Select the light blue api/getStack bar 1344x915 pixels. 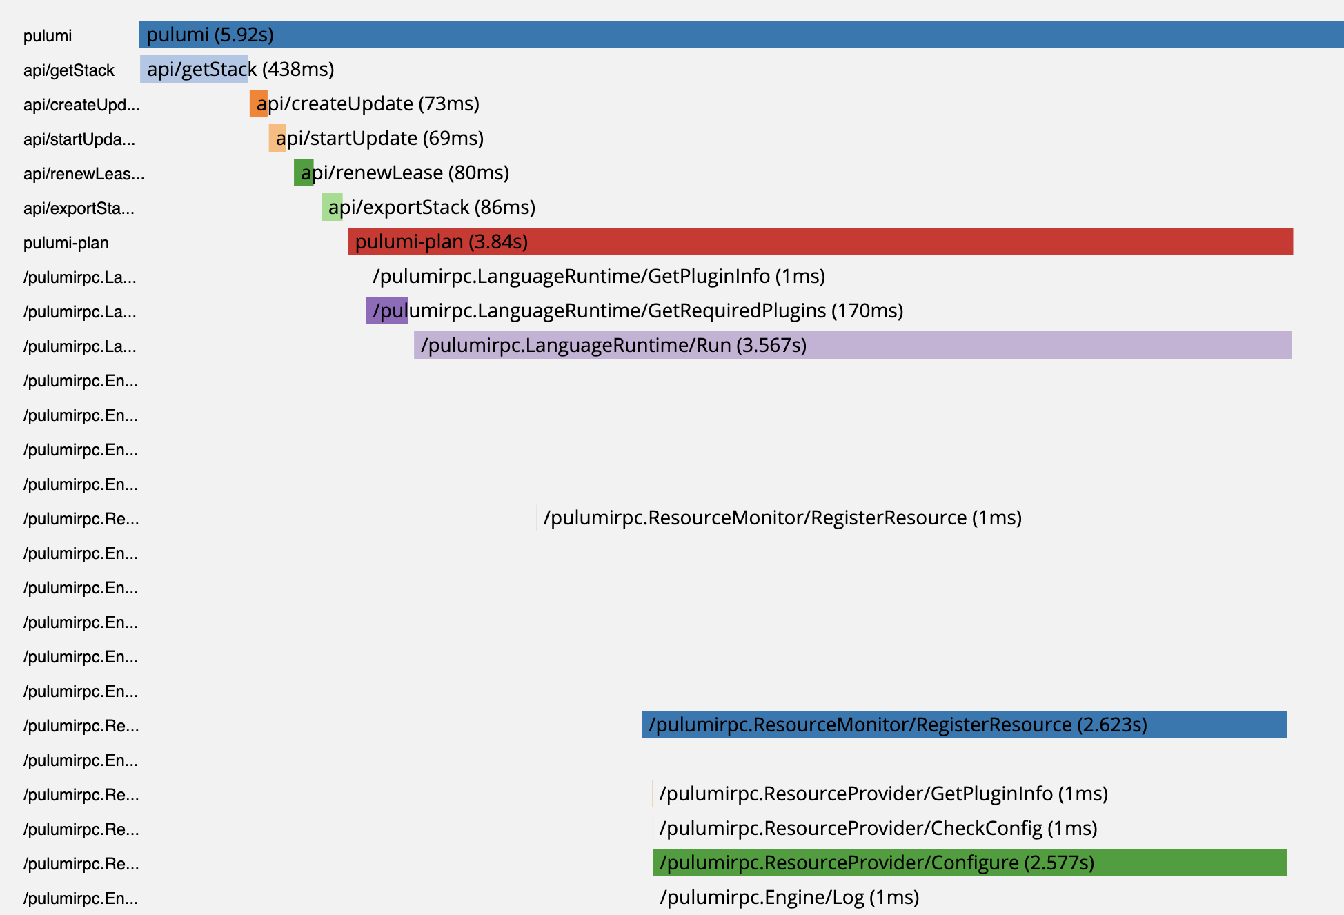194,69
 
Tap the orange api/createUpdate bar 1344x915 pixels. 258,104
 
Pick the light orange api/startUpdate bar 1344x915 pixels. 277,138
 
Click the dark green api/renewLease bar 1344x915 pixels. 304,173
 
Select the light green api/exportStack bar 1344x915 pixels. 331,207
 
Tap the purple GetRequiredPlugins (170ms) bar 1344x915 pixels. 386,311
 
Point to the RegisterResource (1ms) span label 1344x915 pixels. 782,518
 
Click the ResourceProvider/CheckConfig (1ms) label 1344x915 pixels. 878,828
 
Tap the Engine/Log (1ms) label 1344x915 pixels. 789,897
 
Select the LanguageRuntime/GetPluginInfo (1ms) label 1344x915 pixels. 598,276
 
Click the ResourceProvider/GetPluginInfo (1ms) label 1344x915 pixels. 883,794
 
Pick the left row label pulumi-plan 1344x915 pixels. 66,243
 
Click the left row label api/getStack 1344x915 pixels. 68,70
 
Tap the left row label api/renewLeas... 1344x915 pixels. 83,174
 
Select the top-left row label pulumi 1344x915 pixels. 47,36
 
